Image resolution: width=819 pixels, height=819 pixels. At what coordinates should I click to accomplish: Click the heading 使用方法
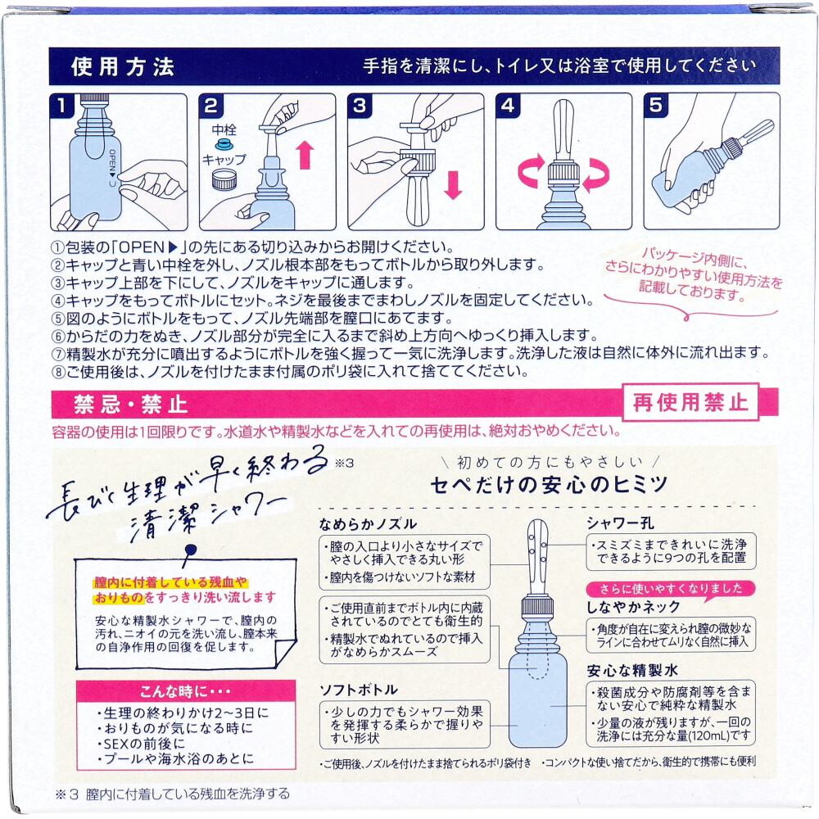[x=123, y=66]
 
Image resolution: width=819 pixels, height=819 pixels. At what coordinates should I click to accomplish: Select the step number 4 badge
[x=508, y=105]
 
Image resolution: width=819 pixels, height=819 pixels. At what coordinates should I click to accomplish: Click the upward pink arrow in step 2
[x=305, y=153]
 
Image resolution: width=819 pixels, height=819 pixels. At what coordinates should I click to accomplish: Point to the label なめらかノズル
[x=370, y=523]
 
